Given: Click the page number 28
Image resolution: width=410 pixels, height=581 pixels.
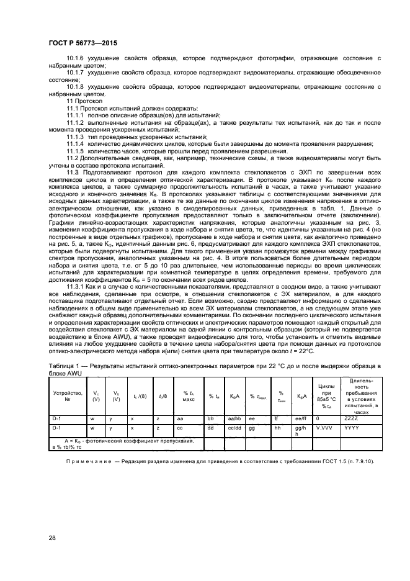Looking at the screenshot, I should click(x=52, y=537).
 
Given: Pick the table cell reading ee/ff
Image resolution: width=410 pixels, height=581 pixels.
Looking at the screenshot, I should click(x=301, y=420).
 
